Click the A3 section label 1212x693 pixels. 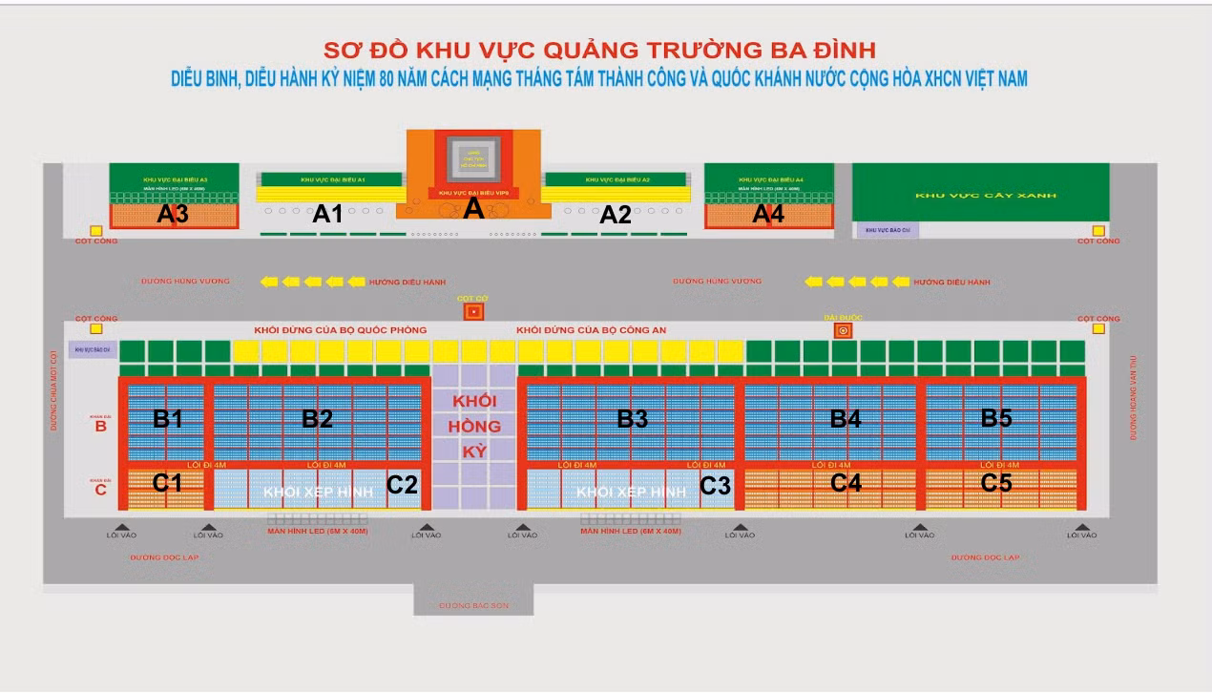pos(173,214)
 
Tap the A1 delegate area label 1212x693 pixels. pos(327,214)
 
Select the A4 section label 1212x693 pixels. pos(768,214)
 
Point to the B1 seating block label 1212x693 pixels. pos(168,417)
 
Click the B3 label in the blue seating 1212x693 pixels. pos(632,417)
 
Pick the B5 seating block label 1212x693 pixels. pos(996,417)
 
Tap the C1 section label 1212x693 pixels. pos(168,483)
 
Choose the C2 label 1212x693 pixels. pos(402,485)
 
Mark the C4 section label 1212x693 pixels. pos(846,483)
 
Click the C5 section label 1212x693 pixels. pos(996,483)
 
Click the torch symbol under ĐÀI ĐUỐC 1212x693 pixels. pos(843,330)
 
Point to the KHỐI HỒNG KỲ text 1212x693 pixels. pos(474,426)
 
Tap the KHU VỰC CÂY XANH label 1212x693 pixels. pos(979,196)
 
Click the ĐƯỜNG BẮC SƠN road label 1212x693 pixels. pos(473,605)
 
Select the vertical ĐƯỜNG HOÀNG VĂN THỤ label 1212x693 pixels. pos(1135,397)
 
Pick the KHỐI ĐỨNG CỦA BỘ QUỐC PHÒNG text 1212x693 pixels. pos(340,330)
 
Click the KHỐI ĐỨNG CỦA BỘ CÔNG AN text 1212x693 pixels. pos(591,330)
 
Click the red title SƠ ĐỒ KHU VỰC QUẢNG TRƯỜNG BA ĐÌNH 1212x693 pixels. pos(599,50)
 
